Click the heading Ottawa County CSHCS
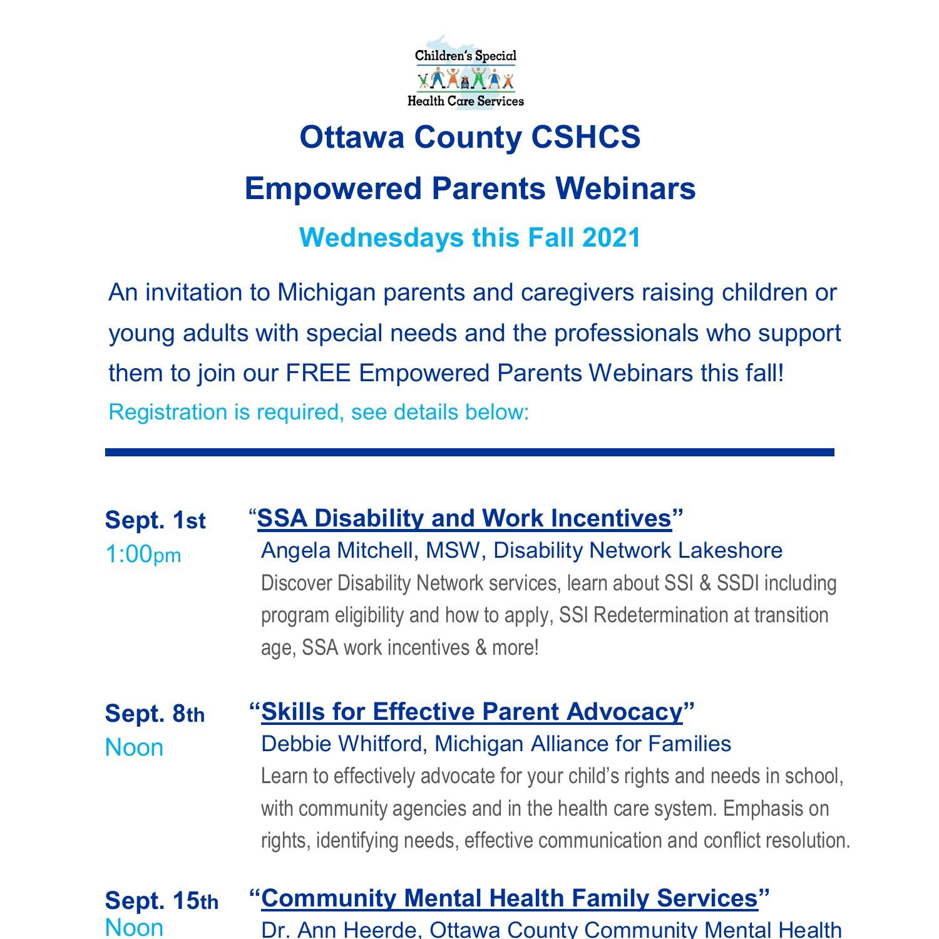tap(469, 137)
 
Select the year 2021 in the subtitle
tap(611, 238)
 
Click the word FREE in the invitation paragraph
tap(319, 373)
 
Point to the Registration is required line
tap(319, 412)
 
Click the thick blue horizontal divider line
tap(469, 452)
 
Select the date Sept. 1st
tap(155, 520)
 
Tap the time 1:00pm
tap(143, 554)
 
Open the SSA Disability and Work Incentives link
tap(464, 518)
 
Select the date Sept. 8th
tap(155, 714)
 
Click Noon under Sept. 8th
tap(134, 747)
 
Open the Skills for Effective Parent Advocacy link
tap(471, 712)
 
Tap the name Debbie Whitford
tap(343, 744)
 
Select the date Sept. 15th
tap(162, 901)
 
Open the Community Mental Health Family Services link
tap(509, 898)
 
